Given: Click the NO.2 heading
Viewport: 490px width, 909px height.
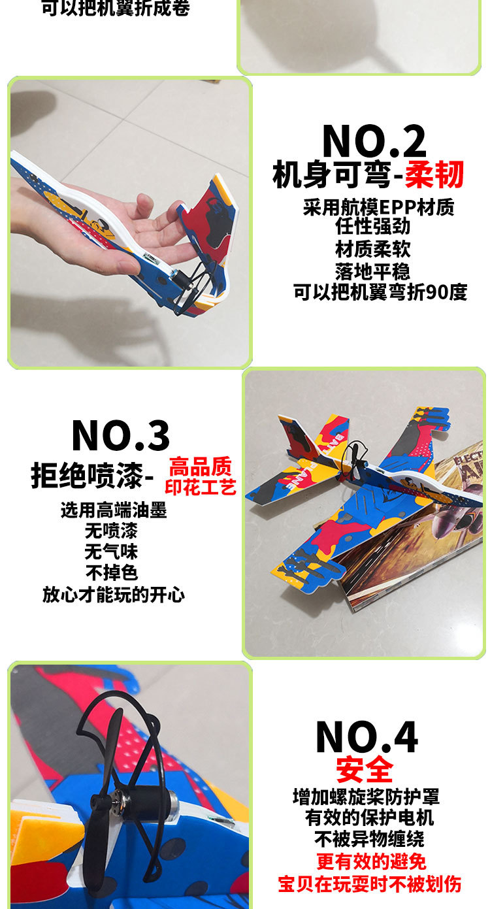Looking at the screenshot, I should click(374, 140).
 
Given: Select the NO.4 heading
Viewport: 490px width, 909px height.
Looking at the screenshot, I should click(367, 737).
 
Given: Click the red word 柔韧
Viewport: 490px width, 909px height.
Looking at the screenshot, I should click(434, 174).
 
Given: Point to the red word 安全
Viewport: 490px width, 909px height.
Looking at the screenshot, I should click(365, 770).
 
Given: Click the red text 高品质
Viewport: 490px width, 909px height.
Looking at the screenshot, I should click(201, 467).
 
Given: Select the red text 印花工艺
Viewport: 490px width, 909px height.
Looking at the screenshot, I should click(201, 487).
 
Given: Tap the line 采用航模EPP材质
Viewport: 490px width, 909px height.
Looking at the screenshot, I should click(378, 207).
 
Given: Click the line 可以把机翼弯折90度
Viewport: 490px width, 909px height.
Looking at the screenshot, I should click(380, 292).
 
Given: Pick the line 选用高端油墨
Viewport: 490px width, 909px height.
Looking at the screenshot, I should click(114, 510).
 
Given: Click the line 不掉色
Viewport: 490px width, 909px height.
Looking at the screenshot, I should click(112, 572).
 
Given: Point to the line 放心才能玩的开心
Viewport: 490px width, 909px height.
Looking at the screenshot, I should click(114, 594).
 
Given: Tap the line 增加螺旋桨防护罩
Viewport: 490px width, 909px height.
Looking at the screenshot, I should click(366, 797).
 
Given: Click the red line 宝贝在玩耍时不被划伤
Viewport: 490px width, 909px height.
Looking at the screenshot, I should click(370, 884).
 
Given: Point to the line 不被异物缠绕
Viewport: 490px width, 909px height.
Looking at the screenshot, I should click(369, 839).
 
